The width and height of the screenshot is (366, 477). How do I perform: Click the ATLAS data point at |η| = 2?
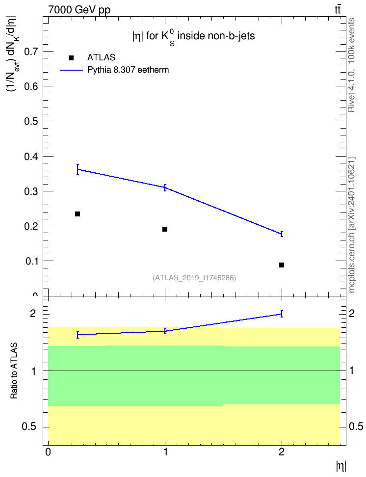(282, 265)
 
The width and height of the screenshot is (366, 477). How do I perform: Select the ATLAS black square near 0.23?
(78, 214)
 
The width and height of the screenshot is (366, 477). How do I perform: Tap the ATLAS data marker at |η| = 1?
(164, 229)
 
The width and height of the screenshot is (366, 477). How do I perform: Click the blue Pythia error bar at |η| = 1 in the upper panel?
(165, 187)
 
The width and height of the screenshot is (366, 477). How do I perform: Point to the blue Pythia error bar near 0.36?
(78, 169)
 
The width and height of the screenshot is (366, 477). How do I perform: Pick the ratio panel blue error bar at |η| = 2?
(282, 314)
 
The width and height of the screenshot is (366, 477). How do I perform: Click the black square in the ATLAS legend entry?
(71, 58)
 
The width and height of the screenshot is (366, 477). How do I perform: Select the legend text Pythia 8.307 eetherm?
(128, 70)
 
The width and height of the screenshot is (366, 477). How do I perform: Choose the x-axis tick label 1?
(165, 452)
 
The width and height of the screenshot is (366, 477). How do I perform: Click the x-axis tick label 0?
(48, 452)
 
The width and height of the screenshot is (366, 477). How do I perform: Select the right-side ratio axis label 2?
(351, 313)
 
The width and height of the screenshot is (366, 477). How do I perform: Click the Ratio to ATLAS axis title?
(14, 371)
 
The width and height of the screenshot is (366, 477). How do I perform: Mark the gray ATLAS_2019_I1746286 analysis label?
(194, 277)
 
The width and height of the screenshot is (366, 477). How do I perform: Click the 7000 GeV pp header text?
(79, 10)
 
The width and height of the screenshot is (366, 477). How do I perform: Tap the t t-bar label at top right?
(338, 9)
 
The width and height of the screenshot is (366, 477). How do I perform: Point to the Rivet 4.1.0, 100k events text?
(351, 65)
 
